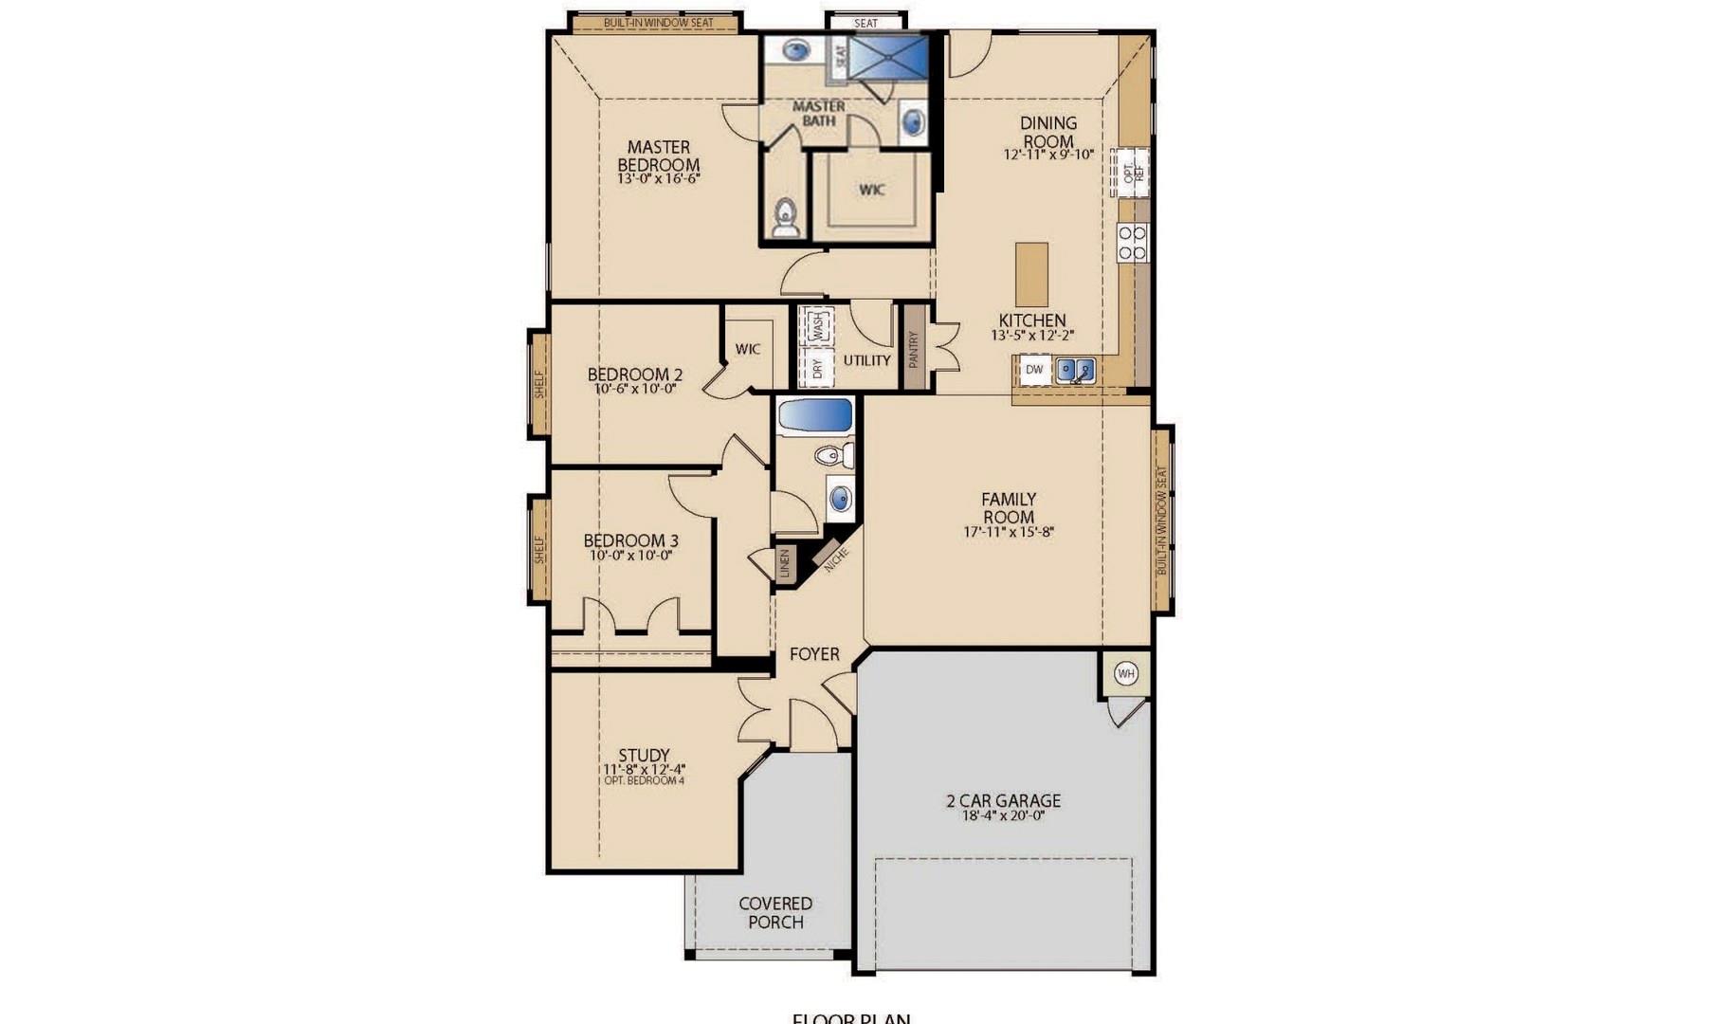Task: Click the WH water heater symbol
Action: (x=1125, y=674)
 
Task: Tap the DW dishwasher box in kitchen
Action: (x=1034, y=370)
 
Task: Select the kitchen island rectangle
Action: (x=1031, y=273)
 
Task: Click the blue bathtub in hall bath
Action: (x=814, y=415)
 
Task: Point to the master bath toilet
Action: (x=785, y=219)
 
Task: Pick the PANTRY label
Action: (x=914, y=348)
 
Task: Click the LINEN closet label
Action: (x=784, y=563)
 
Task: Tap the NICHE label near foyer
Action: (x=835, y=559)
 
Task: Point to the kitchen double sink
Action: (x=1076, y=370)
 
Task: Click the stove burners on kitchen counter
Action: (x=1132, y=242)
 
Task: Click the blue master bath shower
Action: (x=886, y=57)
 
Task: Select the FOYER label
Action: (x=814, y=654)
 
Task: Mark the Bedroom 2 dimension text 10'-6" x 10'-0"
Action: (x=634, y=389)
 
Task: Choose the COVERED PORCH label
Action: (x=775, y=912)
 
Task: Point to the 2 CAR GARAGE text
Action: (x=1003, y=800)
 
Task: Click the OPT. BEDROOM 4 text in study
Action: (x=644, y=781)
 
